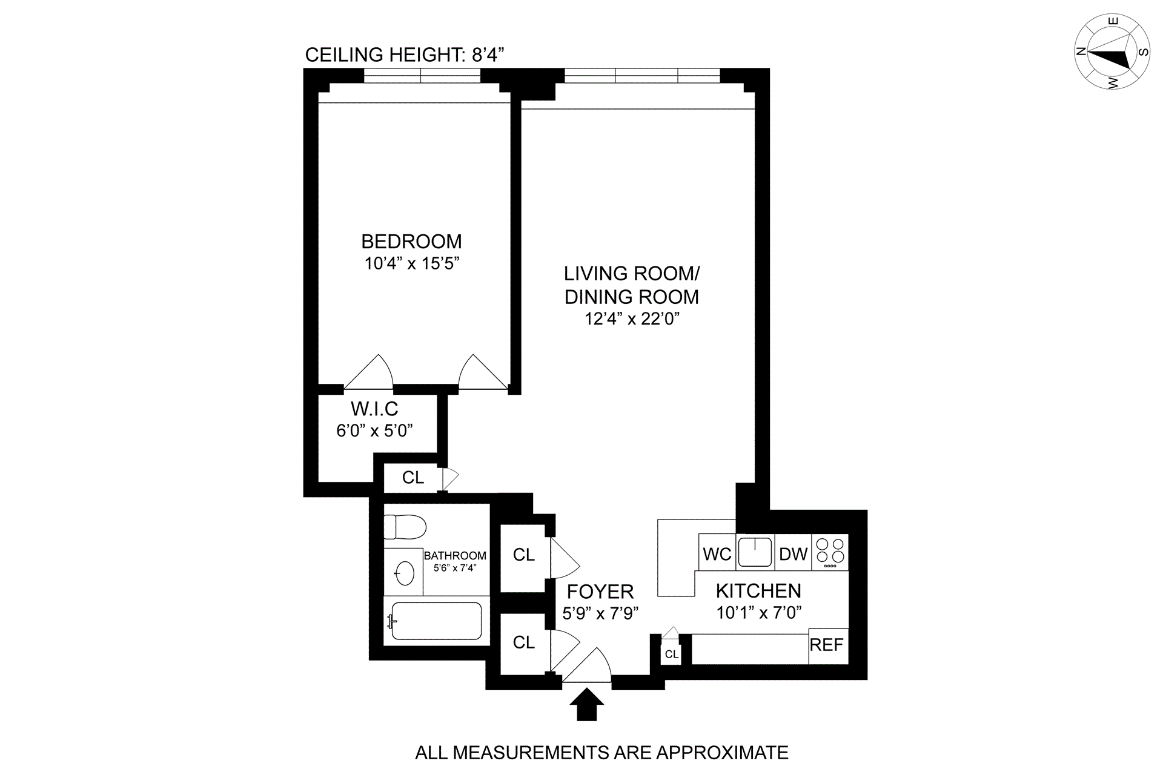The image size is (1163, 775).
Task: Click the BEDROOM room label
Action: click(x=411, y=242)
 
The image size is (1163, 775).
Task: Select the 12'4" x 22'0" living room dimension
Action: click(x=632, y=319)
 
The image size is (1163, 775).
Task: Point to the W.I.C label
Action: click(x=374, y=409)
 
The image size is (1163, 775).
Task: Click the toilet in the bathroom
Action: click(x=405, y=527)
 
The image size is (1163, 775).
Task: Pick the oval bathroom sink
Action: click(x=404, y=572)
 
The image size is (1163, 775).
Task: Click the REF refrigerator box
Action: click(x=828, y=646)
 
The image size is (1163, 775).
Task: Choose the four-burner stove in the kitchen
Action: click(x=830, y=552)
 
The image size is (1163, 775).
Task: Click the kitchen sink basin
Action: click(x=755, y=552)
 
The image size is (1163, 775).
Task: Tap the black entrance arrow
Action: click(x=586, y=705)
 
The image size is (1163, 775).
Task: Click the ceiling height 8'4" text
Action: click(x=405, y=55)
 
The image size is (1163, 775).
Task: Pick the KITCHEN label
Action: click(x=758, y=591)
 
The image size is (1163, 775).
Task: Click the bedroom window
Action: click(x=422, y=76)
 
